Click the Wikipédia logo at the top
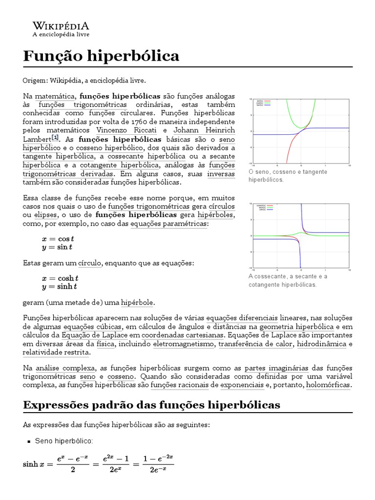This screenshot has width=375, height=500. click(61, 29)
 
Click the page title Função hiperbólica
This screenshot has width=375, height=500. click(101, 56)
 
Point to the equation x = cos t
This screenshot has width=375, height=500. click(58, 239)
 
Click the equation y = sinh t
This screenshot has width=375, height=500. click(60, 287)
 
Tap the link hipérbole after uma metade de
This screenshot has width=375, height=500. click(137, 303)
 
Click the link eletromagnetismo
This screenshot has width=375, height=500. click(183, 344)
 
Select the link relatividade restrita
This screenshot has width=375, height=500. click(56, 353)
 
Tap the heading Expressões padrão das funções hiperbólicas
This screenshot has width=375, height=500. click(151, 405)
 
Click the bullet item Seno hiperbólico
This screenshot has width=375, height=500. click(63, 441)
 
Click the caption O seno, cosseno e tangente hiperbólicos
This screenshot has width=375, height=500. click(288, 176)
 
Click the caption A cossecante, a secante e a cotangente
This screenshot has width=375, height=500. click(288, 280)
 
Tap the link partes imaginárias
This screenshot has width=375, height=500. click(276, 368)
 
